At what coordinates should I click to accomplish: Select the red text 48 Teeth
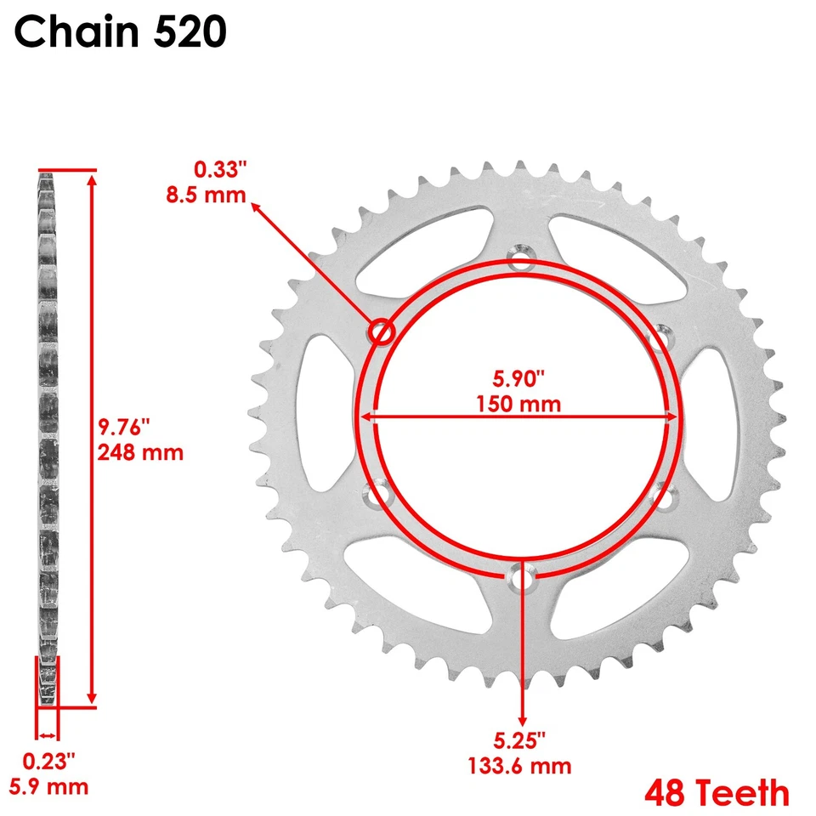(x=717, y=792)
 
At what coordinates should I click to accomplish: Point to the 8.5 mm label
(x=205, y=195)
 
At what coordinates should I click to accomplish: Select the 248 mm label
(x=141, y=451)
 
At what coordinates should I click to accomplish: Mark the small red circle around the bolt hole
(x=381, y=331)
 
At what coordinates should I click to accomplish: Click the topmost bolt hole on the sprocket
(x=520, y=259)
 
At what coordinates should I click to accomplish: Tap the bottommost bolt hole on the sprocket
(x=520, y=577)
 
